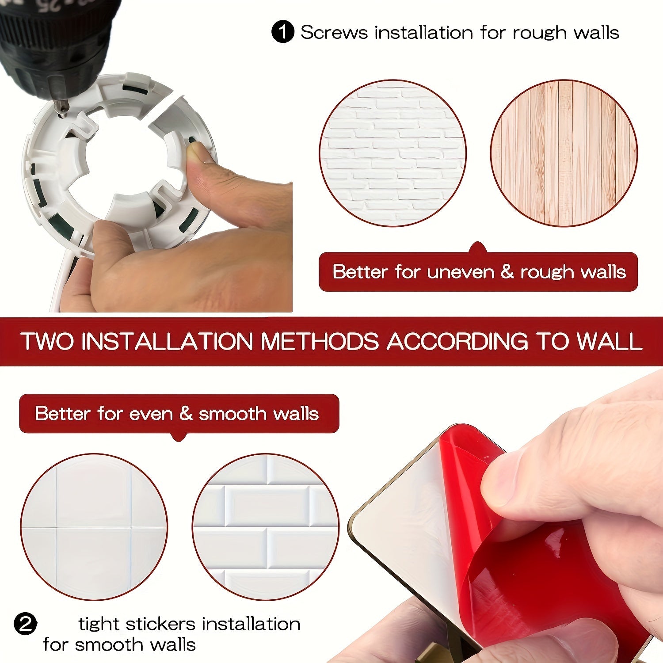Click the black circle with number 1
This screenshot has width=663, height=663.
point(282,32)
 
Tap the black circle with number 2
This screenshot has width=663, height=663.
point(25,624)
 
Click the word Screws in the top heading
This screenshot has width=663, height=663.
point(334,32)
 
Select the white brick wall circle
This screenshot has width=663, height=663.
point(392,153)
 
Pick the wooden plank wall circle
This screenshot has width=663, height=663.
point(564,153)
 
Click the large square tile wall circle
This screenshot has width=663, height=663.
point(94,526)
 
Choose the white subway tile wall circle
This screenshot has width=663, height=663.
point(265,526)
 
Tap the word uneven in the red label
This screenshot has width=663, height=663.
point(460,272)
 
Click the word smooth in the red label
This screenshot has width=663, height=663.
point(232,414)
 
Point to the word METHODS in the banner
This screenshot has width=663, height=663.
point(320,341)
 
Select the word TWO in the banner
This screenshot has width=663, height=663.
point(47,341)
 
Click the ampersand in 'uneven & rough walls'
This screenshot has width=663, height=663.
point(507,272)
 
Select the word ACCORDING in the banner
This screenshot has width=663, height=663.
point(457,341)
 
